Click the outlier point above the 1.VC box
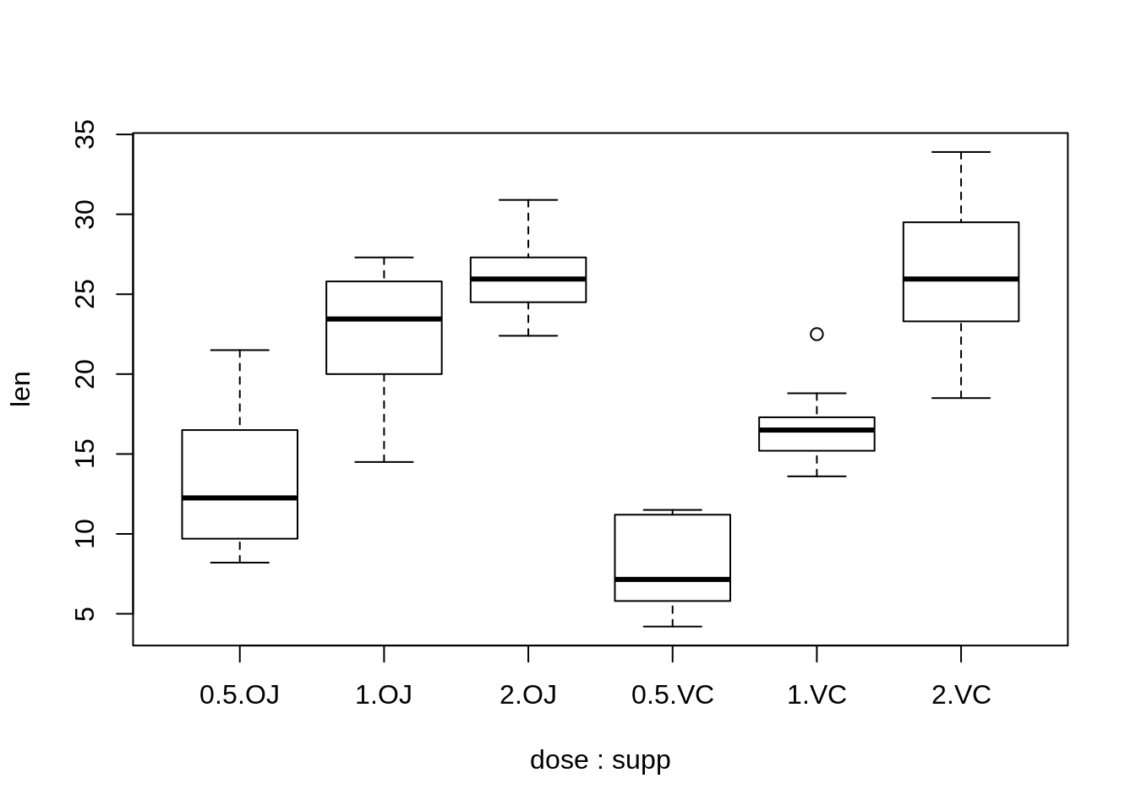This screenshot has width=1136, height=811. click(x=816, y=335)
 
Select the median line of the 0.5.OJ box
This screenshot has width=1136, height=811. click(x=240, y=498)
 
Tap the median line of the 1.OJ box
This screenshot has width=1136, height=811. click(x=384, y=318)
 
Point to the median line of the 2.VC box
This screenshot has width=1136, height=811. click(x=961, y=279)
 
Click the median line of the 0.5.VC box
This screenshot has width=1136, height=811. click(x=673, y=580)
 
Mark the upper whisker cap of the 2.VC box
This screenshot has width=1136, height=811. click(x=961, y=152)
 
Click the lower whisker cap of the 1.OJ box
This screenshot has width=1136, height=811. click(x=384, y=462)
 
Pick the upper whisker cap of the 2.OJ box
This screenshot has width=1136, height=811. click(x=528, y=200)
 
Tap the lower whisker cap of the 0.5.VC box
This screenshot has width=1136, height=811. click(x=673, y=627)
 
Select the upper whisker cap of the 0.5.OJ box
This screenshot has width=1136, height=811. click(x=240, y=350)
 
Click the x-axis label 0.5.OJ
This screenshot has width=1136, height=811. click(x=239, y=695)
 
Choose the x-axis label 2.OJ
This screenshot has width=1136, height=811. click(x=528, y=695)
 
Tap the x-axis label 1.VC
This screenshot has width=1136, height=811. click(x=816, y=695)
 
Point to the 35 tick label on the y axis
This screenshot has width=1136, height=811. click(x=85, y=134)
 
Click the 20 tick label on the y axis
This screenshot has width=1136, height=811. click(x=85, y=374)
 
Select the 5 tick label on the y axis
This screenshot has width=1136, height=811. click(x=85, y=614)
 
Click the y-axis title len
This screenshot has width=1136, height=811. click(x=21, y=389)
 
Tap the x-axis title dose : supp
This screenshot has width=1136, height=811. click(x=600, y=760)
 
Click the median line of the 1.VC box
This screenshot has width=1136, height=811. click(x=816, y=430)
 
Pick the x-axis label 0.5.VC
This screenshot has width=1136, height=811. click(x=673, y=695)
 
